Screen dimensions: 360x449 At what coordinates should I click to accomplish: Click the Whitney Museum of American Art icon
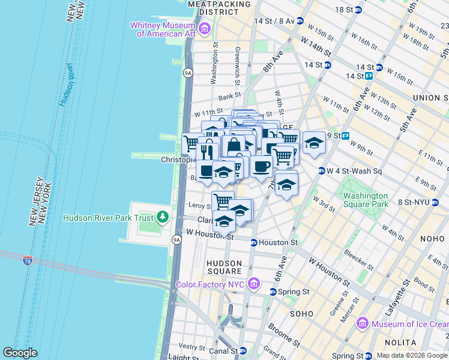(205, 28)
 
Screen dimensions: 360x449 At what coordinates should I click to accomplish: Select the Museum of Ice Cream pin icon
(361, 324)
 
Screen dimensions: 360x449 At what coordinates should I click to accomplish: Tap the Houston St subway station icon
(254, 243)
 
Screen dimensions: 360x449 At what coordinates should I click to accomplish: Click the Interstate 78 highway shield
(27, 260)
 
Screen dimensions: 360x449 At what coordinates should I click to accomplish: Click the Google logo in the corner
(20, 353)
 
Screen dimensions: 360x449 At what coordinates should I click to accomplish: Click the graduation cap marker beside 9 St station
(314, 143)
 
